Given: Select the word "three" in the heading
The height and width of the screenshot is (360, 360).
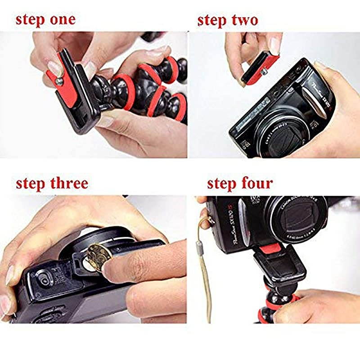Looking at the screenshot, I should click(x=66, y=183).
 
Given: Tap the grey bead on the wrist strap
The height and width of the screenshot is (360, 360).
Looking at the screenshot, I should click(x=199, y=246).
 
